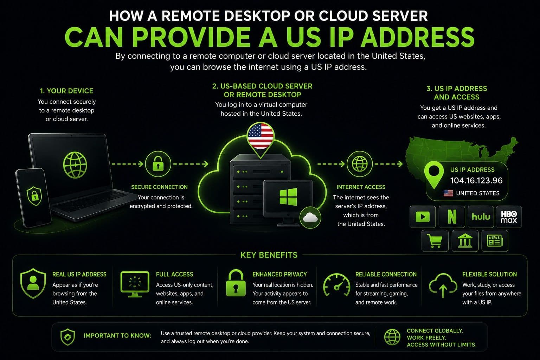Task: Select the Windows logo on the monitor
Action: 288,197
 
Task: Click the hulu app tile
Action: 481,217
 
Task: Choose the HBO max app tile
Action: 509,217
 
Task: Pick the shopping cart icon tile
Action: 435,240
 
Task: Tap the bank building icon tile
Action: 465,240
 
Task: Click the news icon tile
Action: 495,240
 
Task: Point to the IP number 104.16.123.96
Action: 476,180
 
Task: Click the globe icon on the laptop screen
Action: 75,165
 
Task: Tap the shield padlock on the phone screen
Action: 34,196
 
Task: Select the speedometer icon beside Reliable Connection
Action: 336,285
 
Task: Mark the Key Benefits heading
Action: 269,255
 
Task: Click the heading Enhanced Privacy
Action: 279,274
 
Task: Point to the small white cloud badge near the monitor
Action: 310,218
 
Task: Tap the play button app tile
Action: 423,217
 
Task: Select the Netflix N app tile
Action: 452,217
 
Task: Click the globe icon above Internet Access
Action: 360,164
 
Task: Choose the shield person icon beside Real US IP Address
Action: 33,283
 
